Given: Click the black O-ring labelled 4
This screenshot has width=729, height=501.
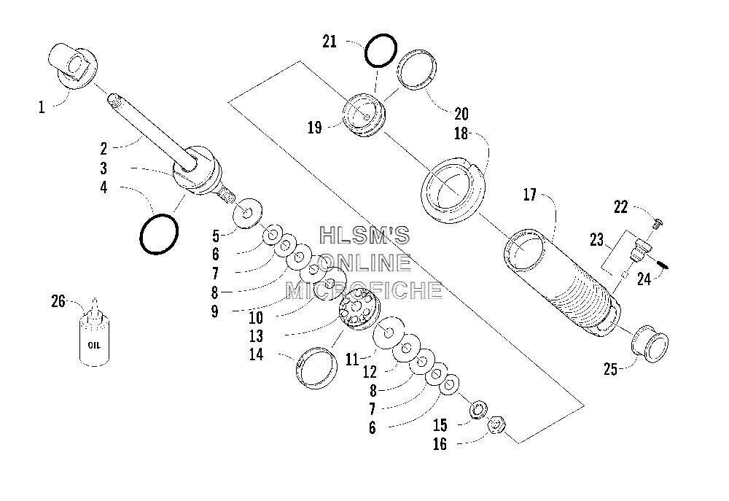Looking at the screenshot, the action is (x=159, y=234).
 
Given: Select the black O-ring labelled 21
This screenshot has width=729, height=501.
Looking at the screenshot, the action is (x=381, y=51).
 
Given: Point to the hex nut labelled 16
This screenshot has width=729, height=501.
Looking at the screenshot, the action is (x=496, y=425).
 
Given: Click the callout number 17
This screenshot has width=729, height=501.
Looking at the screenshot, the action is (x=530, y=195).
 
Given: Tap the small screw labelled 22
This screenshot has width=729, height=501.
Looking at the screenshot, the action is (x=658, y=224).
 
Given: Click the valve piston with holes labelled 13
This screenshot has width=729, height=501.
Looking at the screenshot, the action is (x=358, y=310).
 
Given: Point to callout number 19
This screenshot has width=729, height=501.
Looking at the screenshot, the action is (x=315, y=127).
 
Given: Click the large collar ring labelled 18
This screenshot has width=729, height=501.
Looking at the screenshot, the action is (x=453, y=189).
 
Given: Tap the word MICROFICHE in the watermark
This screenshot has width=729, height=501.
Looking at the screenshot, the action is (x=364, y=290).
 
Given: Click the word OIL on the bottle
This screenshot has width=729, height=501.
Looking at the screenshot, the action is (x=94, y=345).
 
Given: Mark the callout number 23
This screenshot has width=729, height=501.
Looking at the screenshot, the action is (x=596, y=240).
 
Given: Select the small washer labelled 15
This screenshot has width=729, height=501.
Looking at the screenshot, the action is (x=478, y=411).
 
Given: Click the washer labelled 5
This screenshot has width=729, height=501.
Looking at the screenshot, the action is (x=247, y=213).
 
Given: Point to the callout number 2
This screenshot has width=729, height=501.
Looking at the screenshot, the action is (x=104, y=149).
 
